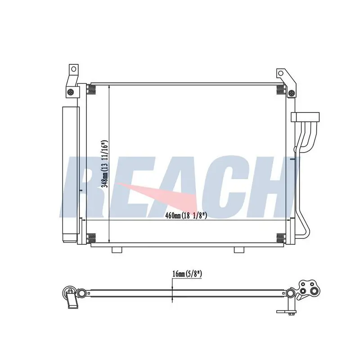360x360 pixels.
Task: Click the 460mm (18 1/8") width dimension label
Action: point(186,216)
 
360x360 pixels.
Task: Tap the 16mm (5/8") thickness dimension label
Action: point(187,274)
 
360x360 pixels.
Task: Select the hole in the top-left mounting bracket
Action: point(73,69)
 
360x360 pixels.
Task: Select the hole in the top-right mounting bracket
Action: point(280,73)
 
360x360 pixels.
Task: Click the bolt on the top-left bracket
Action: point(71,92)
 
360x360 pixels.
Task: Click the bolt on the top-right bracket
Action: point(292,93)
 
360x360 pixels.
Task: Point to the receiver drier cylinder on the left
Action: point(71,174)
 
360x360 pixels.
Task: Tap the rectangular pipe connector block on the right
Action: point(305,117)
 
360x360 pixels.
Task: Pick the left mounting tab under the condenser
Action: point(117,250)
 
